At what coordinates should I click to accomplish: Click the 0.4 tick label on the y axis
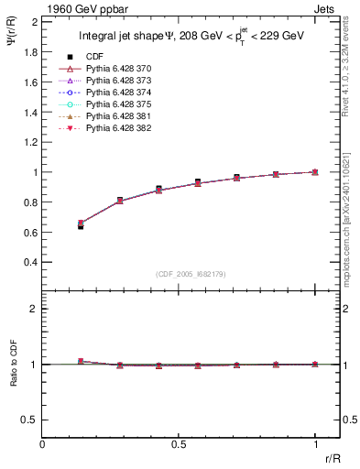pyautogui.click(x=33, y=262)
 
